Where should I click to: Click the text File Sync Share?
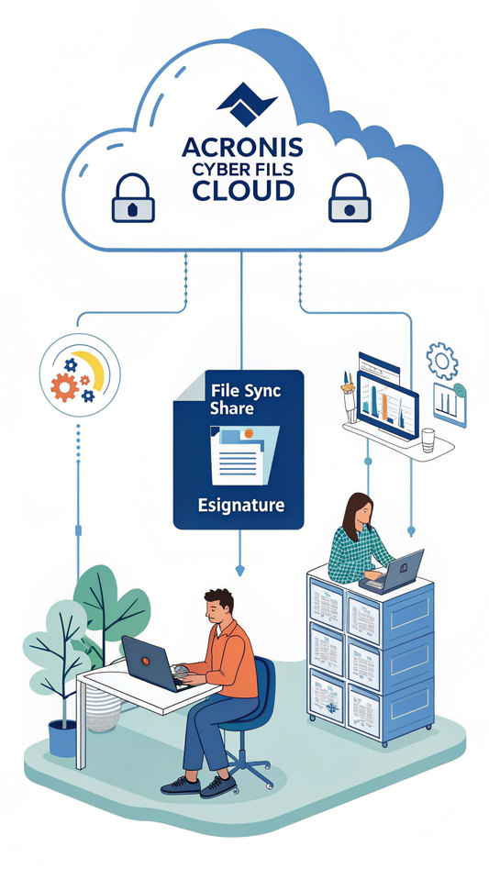(x=236, y=400)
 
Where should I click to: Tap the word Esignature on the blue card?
(x=240, y=505)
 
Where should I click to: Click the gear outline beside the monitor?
(x=441, y=361)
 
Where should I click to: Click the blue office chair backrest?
(x=265, y=688)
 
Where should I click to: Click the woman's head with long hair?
(x=358, y=510)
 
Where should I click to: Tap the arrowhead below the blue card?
(x=239, y=571)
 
